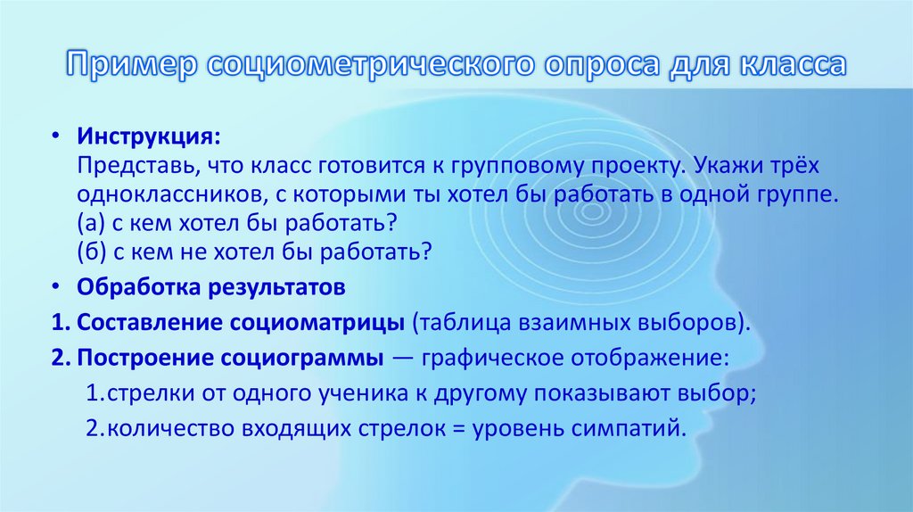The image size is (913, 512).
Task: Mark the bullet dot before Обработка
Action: click(55, 290)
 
